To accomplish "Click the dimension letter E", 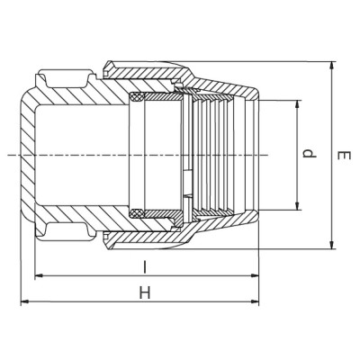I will pyautogui.click(x=342, y=155).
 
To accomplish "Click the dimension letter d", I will pyautogui.click(x=310, y=155).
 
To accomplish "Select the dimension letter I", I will pyautogui.click(x=145, y=266).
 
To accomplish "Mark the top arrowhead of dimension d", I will pyautogui.click(x=298, y=102).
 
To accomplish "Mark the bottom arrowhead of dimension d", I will pyautogui.click(x=298, y=210).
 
